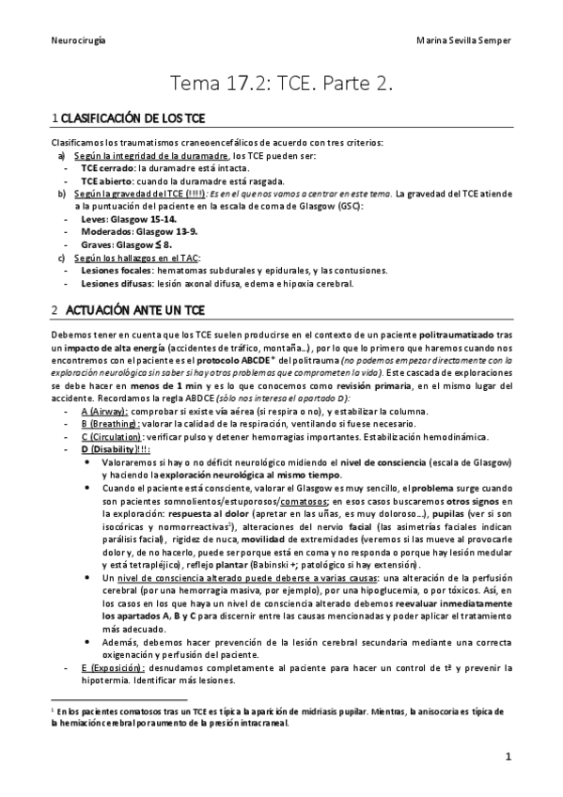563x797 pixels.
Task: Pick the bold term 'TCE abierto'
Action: click(x=102, y=180)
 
